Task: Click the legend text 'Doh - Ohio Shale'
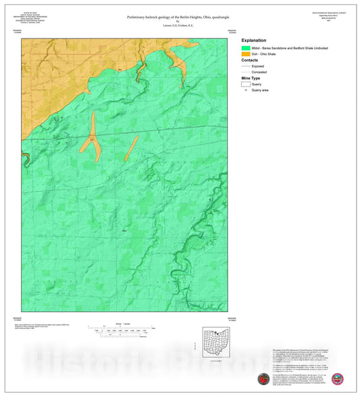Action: coord(263,54)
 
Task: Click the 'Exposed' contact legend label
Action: coord(258,66)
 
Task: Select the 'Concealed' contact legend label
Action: coord(259,72)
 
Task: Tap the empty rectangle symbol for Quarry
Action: coord(246,84)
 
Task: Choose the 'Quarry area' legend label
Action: coord(261,90)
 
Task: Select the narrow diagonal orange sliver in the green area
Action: coord(132,148)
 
